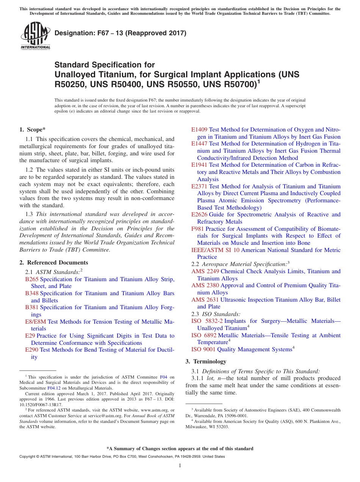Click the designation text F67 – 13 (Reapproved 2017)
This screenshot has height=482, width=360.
pos(121,33)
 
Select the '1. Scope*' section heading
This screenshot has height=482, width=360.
pos(33,130)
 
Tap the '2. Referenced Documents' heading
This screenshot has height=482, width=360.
pos(53,263)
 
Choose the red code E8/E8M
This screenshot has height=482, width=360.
pos(35,322)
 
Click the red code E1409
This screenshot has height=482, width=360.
pos(199,130)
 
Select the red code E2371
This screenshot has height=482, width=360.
pos(199,186)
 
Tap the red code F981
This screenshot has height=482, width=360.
pos(198,229)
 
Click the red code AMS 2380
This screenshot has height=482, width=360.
pos(205,286)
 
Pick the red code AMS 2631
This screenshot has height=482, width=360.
pos(205,300)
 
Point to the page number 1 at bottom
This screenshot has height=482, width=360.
pos(180,466)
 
